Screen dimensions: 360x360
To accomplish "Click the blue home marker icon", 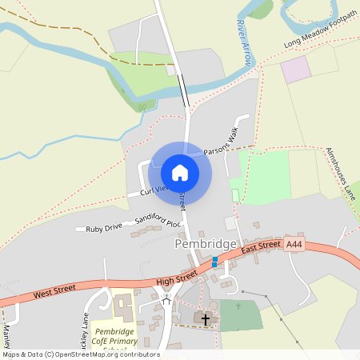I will click(x=180, y=172).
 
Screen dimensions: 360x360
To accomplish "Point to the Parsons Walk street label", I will click(x=222, y=139).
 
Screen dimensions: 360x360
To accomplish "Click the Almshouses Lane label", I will click(x=340, y=172).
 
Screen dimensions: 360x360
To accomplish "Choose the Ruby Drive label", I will click(x=104, y=228).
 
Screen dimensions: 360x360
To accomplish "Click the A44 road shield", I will click(x=294, y=243).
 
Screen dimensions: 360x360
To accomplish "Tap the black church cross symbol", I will click(x=206, y=319).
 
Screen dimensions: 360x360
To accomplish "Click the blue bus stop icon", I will click(x=214, y=261).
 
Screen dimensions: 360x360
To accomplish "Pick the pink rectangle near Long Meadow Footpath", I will click(x=295, y=69).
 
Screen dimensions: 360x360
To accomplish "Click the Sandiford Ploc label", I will click(x=158, y=217).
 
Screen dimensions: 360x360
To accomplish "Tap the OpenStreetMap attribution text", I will click(x=80, y=354).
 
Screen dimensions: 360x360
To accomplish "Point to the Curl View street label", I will click(x=153, y=190).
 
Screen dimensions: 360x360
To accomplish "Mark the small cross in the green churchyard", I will click(x=238, y=306).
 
